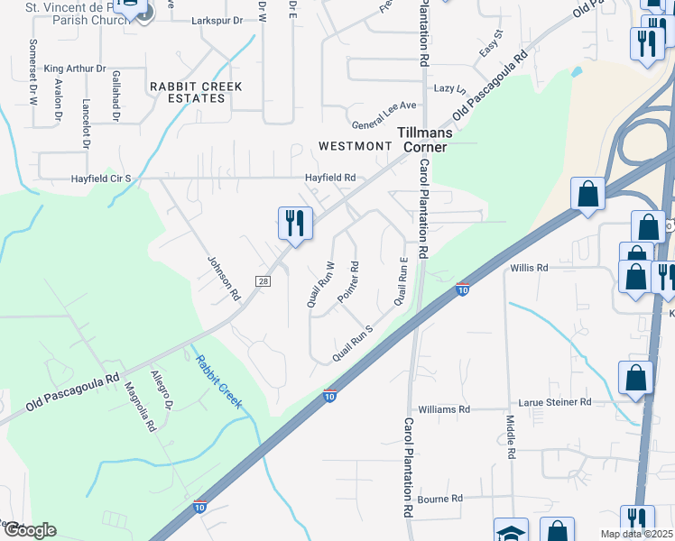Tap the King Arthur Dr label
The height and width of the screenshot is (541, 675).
pyautogui.click(x=75, y=69)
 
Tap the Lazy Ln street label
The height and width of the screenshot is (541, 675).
pyautogui.click(x=449, y=89)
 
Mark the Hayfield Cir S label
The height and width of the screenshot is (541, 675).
pyautogui.click(x=101, y=179)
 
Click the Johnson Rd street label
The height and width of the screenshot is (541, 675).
pyautogui.click(x=224, y=278)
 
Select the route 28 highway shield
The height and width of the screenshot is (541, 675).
pyautogui.click(x=264, y=281)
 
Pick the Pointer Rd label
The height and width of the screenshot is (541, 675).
pyautogui.click(x=348, y=281)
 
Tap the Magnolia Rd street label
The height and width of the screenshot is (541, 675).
pyautogui.click(x=143, y=407)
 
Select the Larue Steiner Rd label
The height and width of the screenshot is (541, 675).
pyautogui.click(x=554, y=402)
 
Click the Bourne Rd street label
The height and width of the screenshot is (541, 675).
pyautogui.click(x=440, y=498)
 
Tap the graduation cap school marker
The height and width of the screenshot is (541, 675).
pyautogui.click(x=511, y=531)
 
